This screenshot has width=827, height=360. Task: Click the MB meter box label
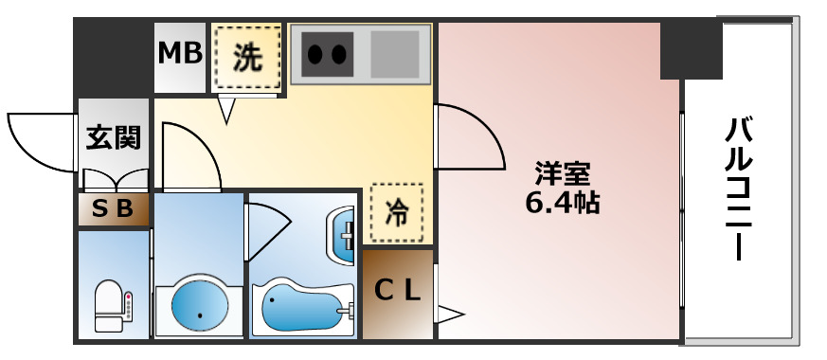[180, 54]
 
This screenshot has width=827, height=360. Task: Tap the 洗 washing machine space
[247, 60]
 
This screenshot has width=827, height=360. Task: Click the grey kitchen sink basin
[394, 54]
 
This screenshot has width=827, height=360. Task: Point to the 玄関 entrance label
[114, 137]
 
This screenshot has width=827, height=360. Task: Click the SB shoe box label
[114, 209]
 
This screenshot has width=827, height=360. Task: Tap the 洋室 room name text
[562, 174]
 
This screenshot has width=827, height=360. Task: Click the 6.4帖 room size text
[562, 202]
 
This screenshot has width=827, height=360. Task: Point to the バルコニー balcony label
[742, 189]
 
